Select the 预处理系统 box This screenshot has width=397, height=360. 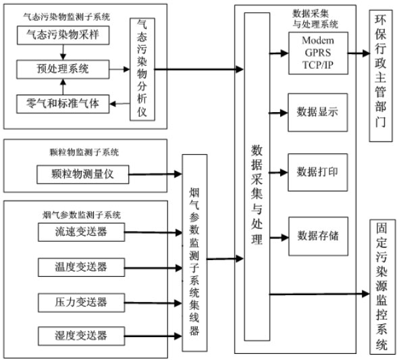(x=62, y=68)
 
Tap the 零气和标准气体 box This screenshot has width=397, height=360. (x=62, y=103)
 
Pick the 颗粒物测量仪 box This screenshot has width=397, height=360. (x=82, y=174)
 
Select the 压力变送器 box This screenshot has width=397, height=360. (x=82, y=301)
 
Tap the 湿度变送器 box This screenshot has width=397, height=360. (x=82, y=335)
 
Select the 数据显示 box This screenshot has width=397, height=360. (x=317, y=110)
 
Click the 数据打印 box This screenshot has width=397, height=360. (x=317, y=172)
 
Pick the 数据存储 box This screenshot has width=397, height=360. (x=317, y=236)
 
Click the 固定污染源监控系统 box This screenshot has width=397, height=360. (x=381, y=286)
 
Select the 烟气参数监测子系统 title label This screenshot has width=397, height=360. (x=81, y=214)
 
